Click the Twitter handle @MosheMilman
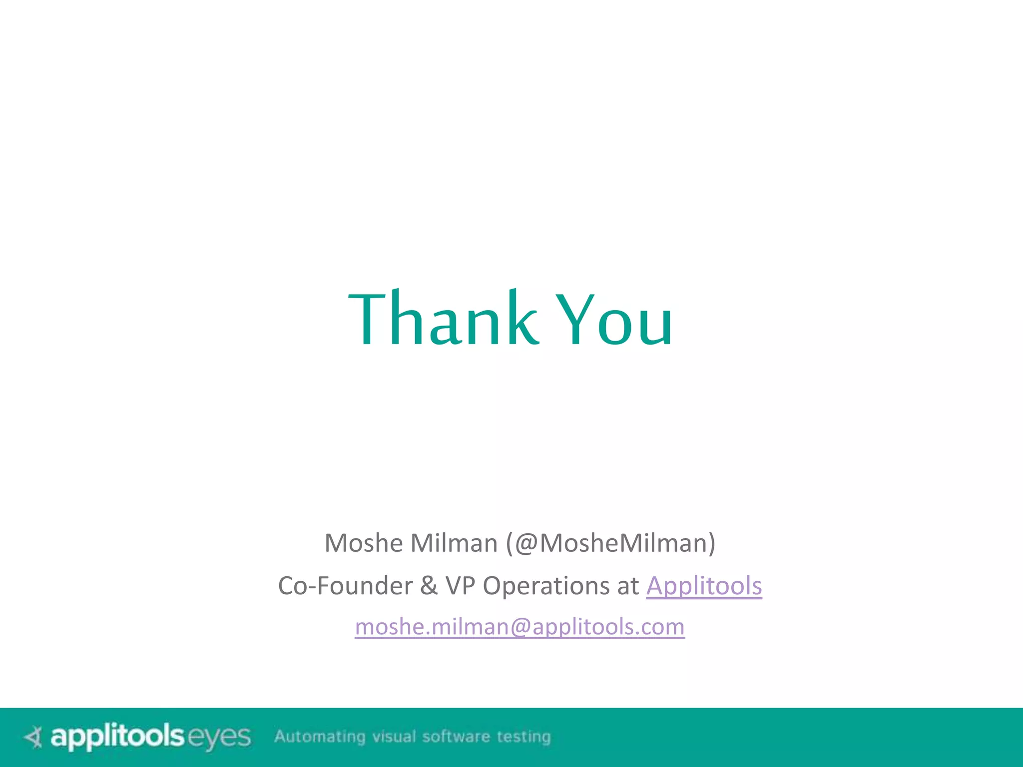610,543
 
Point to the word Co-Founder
345,586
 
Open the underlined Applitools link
704,586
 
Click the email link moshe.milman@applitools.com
519,627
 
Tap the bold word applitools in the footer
117,737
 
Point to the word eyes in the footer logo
219,738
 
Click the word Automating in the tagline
320,737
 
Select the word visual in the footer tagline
394,737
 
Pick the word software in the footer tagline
456,737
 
